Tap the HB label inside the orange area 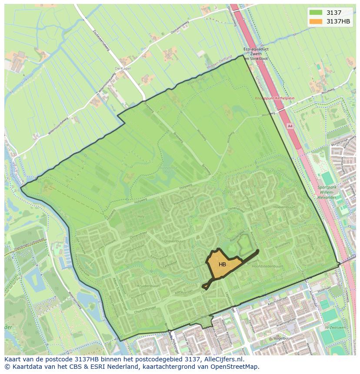click(x=222, y=265)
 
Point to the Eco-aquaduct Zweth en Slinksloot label click(x=255, y=54)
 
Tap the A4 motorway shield click(x=290, y=126)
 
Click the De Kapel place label click(x=123, y=69)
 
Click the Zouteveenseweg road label click(x=100, y=40)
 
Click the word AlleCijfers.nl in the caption click(x=223, y=360)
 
